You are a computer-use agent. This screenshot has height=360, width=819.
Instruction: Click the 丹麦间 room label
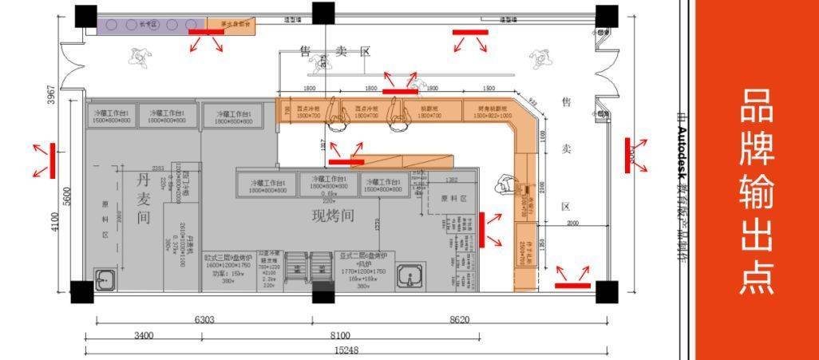pos(144,197)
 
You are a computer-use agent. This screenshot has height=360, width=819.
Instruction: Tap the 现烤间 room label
pos(333,216)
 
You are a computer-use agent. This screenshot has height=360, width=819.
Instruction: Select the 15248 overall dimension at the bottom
pos(346,350)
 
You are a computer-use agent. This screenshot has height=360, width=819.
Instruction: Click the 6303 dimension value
pos(204,319)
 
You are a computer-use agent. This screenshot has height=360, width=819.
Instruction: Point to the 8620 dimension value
pos(459,319)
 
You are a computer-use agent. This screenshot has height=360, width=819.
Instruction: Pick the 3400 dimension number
pos(144,336)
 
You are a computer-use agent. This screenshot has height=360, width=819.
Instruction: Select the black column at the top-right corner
pos(607,15)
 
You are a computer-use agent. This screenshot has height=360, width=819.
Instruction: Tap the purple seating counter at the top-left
pos(152,25)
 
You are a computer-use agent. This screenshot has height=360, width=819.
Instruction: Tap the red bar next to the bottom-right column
pos(572,284)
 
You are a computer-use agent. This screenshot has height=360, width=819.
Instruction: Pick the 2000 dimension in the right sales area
pos(573,224)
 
